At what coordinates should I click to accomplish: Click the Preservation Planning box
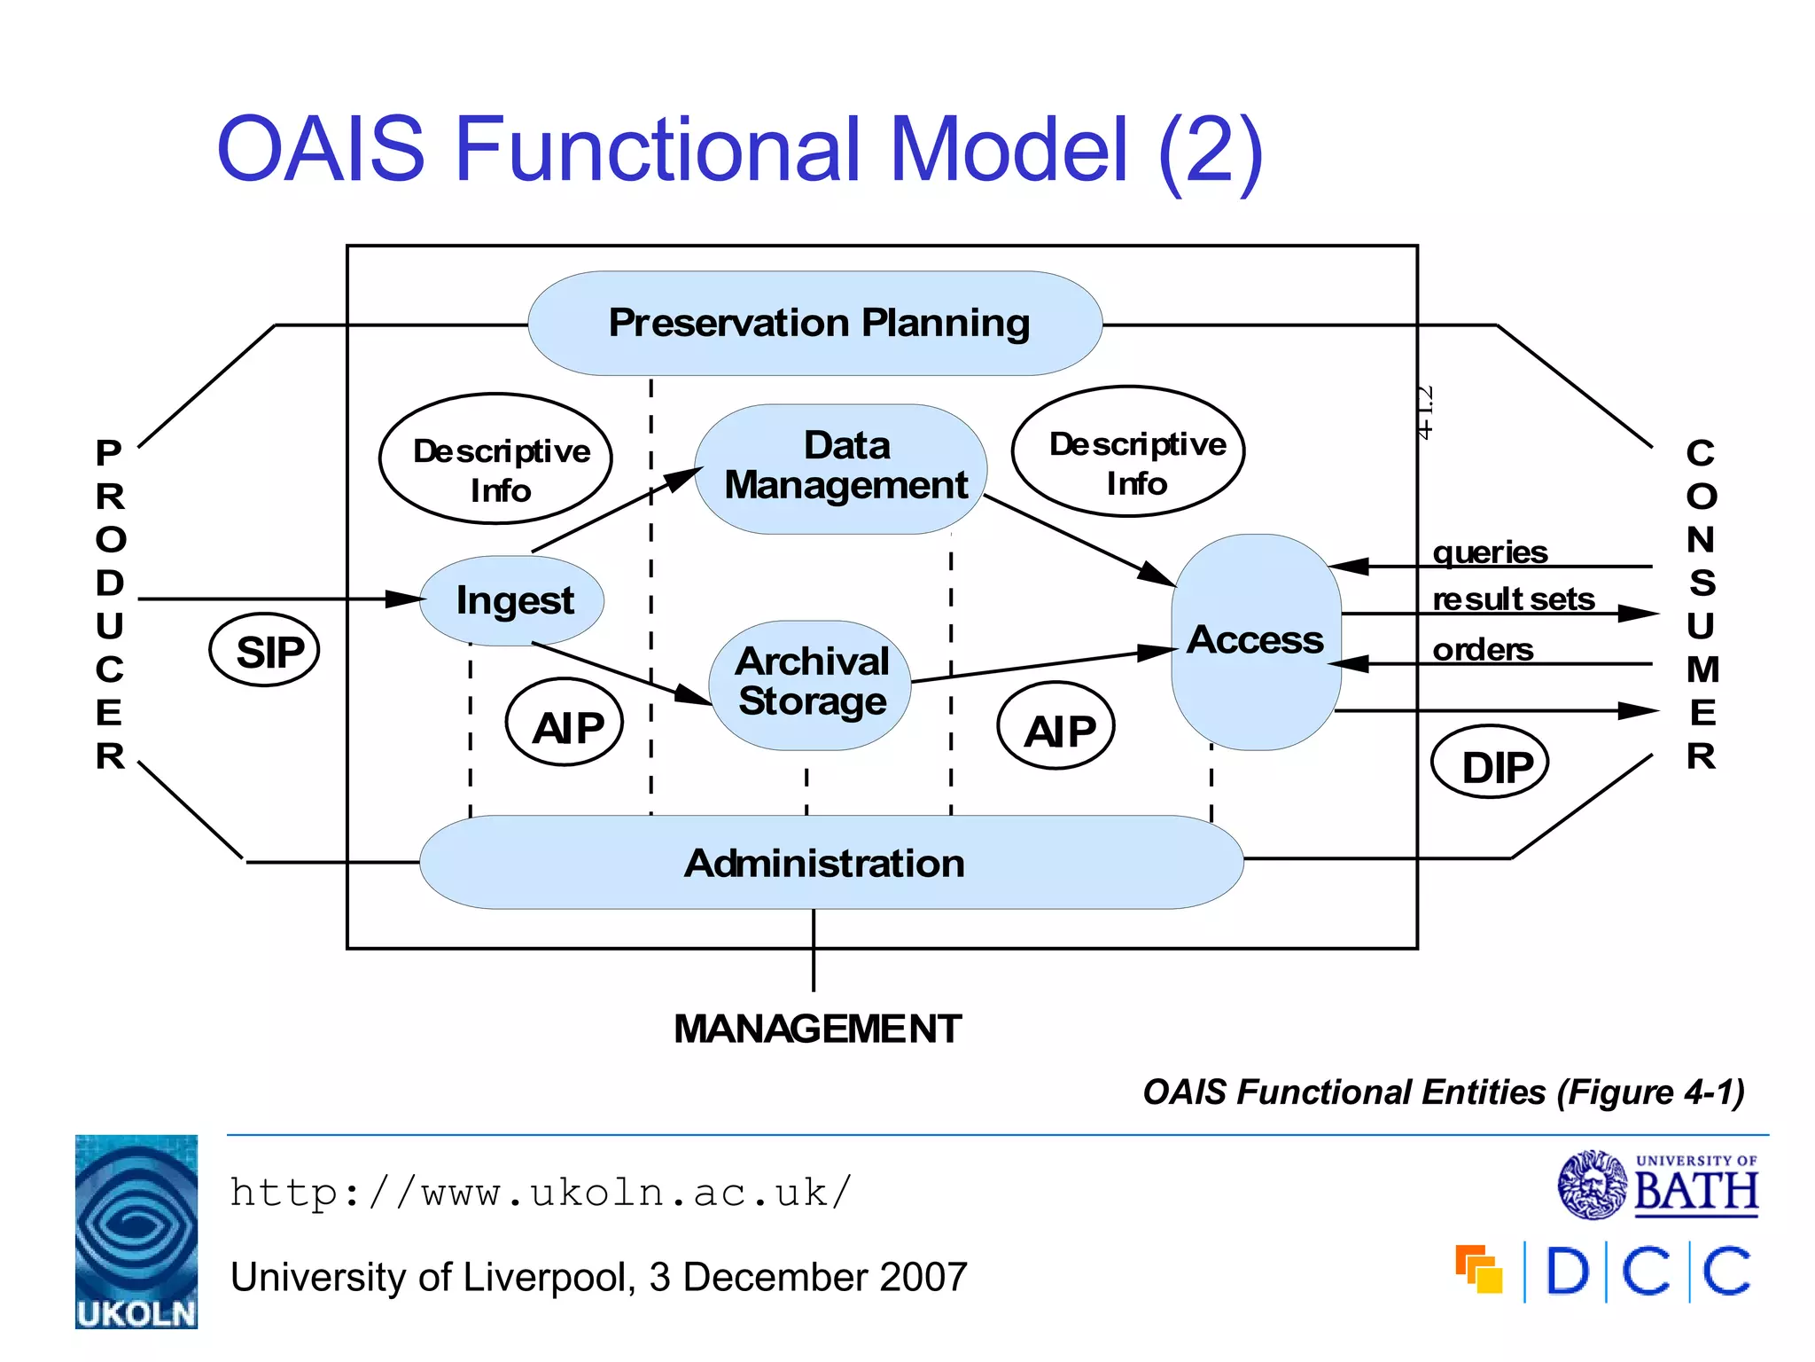[x=815, y=324]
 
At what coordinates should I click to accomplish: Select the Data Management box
[x=842, y=468]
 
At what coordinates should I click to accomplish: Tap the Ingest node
[x=512, y=600]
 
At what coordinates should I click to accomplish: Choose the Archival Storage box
[x=811, y=684]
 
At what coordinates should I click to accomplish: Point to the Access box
[x=1255, y=640]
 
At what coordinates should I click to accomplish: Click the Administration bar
[x=824, y=863]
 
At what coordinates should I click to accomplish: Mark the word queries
[x=1490, y=552]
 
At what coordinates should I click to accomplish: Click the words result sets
[x=1513, y=600]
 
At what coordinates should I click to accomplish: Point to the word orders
[x=1483, y=650]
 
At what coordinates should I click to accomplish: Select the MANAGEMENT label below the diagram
[x=817, y=1029]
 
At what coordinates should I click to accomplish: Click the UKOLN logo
[x=136, y=1232]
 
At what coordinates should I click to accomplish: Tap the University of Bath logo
[x=1658, y=1186]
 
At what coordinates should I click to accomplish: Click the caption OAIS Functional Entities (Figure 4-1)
[x=1443, y=1092]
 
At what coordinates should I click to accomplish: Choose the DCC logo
[x=1604, y=1272]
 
